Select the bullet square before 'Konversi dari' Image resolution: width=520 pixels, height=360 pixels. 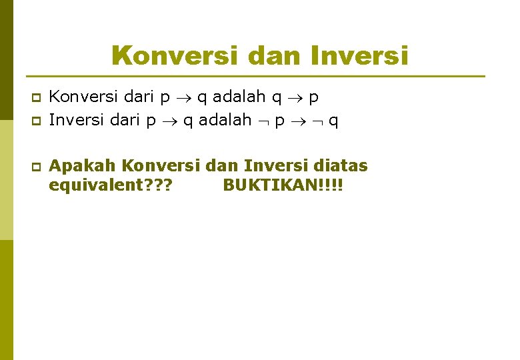click(x=37, y=98)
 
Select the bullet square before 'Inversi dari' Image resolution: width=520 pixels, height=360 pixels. click(x=37, y=121)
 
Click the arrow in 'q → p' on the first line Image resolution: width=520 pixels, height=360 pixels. click(x=293, y=98)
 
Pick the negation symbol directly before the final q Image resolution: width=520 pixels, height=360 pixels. click(x=318, y=121)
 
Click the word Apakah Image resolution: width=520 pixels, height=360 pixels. click(x=83, y=165)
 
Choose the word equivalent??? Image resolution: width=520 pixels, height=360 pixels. click(x=110, y=185)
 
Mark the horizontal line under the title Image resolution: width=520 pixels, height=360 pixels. click(x=253, y=76)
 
